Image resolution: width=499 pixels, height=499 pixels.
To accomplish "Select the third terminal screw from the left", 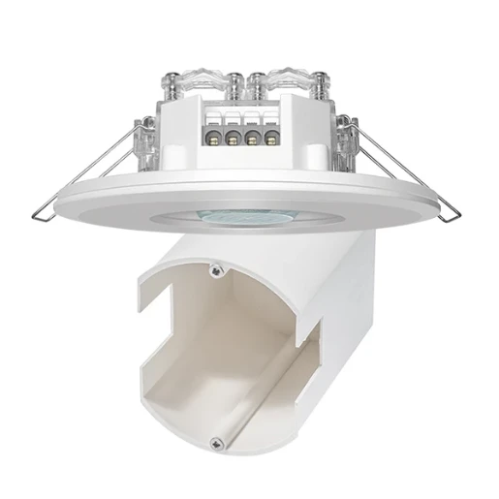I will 253,138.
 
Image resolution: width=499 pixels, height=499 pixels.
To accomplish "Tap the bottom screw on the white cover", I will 222,442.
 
